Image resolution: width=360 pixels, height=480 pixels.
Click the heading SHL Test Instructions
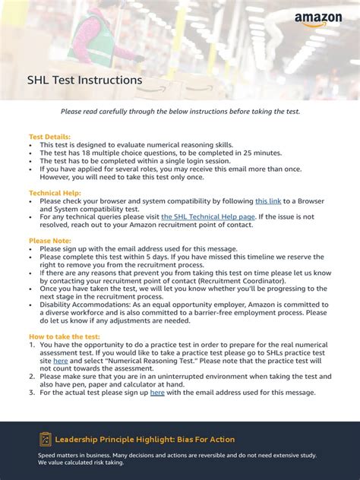tap(84, 80)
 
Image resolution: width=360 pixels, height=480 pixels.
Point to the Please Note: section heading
tap(50, 241)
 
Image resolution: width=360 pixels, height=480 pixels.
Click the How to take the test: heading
tap(64, 336)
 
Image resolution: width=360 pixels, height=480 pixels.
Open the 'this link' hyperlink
tap(268, 201)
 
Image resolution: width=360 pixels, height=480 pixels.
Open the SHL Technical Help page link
tap(209, 216)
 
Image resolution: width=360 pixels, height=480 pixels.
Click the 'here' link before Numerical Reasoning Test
tap(61, 360)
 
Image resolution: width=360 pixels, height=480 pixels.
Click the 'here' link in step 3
tap(157, 392)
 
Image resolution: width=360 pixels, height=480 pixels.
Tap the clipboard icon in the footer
tap(45, 439)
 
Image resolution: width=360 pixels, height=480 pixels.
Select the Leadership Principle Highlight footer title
tap(145, 440)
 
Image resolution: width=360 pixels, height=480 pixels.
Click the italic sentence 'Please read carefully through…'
tap(180, 112)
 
